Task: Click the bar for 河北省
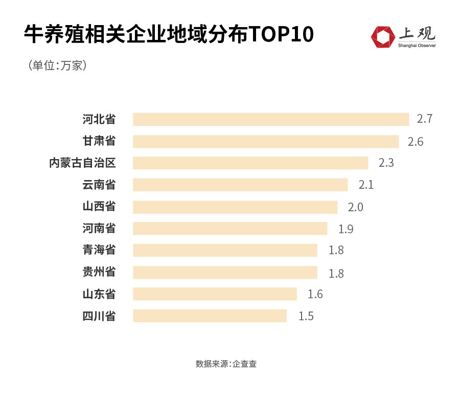click(271, 119)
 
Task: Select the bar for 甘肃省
click(266, 141)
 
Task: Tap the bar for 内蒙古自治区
click(250, 163)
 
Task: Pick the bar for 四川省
click(210, 316)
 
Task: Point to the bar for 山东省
click(215, 294)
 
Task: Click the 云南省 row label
click(99, 185)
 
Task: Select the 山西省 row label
click(99, 207)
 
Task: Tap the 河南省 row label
click(99, 229)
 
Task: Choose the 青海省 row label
click(99, 250)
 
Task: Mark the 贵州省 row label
click(99, 272)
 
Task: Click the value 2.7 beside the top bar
click(425, 119)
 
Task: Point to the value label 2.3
click(386, 163)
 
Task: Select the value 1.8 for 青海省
click(336, 251)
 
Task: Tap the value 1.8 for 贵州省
click(336, 273)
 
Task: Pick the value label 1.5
click(306, 316)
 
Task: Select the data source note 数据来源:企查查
click(229, 364)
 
